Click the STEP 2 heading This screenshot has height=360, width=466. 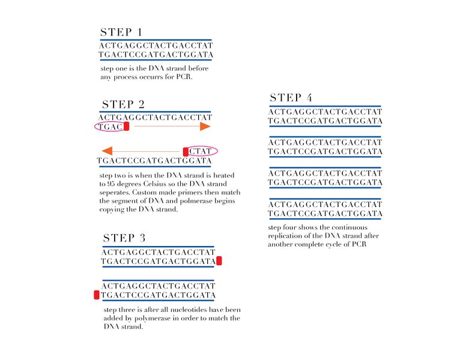coord(123,105)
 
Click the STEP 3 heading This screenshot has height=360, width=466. coord(124,238)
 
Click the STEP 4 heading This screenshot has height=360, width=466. coord(291,98)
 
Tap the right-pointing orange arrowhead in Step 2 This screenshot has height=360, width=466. coord(205,127)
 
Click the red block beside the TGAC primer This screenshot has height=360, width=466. coord(126,127)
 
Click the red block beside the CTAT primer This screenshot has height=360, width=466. coord(186,151)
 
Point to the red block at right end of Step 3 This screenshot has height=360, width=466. coord(219,260)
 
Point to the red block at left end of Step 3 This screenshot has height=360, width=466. coord(97,295)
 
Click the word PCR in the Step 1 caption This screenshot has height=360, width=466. coord(184,77)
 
